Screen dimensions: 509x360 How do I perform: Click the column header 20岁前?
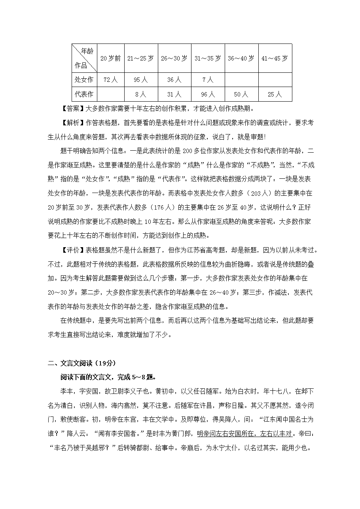coord(110,59)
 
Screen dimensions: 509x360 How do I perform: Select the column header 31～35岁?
coord(208,59)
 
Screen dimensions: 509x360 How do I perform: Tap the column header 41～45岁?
coord(275,59)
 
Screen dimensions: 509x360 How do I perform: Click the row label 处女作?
coord(84,80)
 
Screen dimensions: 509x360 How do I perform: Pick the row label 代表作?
coord(84,95)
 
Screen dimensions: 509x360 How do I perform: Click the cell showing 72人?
coord(110,80)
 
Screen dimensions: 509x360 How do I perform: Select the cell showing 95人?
coord(140,80)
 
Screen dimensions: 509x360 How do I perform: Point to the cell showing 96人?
coord(208,95)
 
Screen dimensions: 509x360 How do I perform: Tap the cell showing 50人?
coord(241,95)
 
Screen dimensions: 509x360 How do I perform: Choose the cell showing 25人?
coord(275,95)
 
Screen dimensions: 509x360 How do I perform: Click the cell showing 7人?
coord(208,80)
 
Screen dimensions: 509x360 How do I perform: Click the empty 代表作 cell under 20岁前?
coord(110,95)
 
